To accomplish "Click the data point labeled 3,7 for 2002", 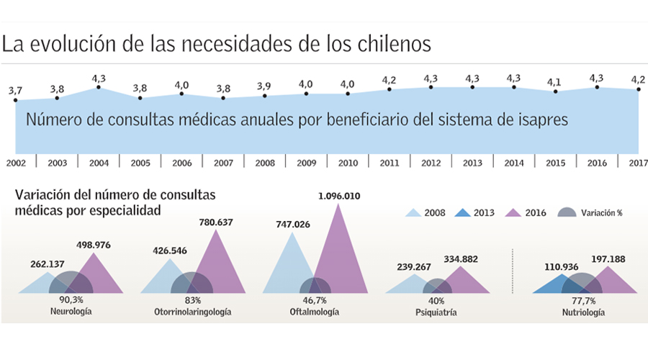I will (x=15, y=100).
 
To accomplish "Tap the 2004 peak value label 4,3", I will (x=99, y=78).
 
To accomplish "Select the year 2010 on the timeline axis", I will (x=348, y=163).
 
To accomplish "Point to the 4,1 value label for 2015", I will (x=554, y=82).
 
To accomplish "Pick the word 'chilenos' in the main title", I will (x=392, y=45).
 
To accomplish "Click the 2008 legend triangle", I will (x=414, y=212).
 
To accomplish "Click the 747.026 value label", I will (x=292, y=225).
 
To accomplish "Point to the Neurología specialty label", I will (x=71, y=312).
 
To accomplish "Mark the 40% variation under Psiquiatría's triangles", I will (x=436, y=300).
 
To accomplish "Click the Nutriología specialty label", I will (x=583, y=312).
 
